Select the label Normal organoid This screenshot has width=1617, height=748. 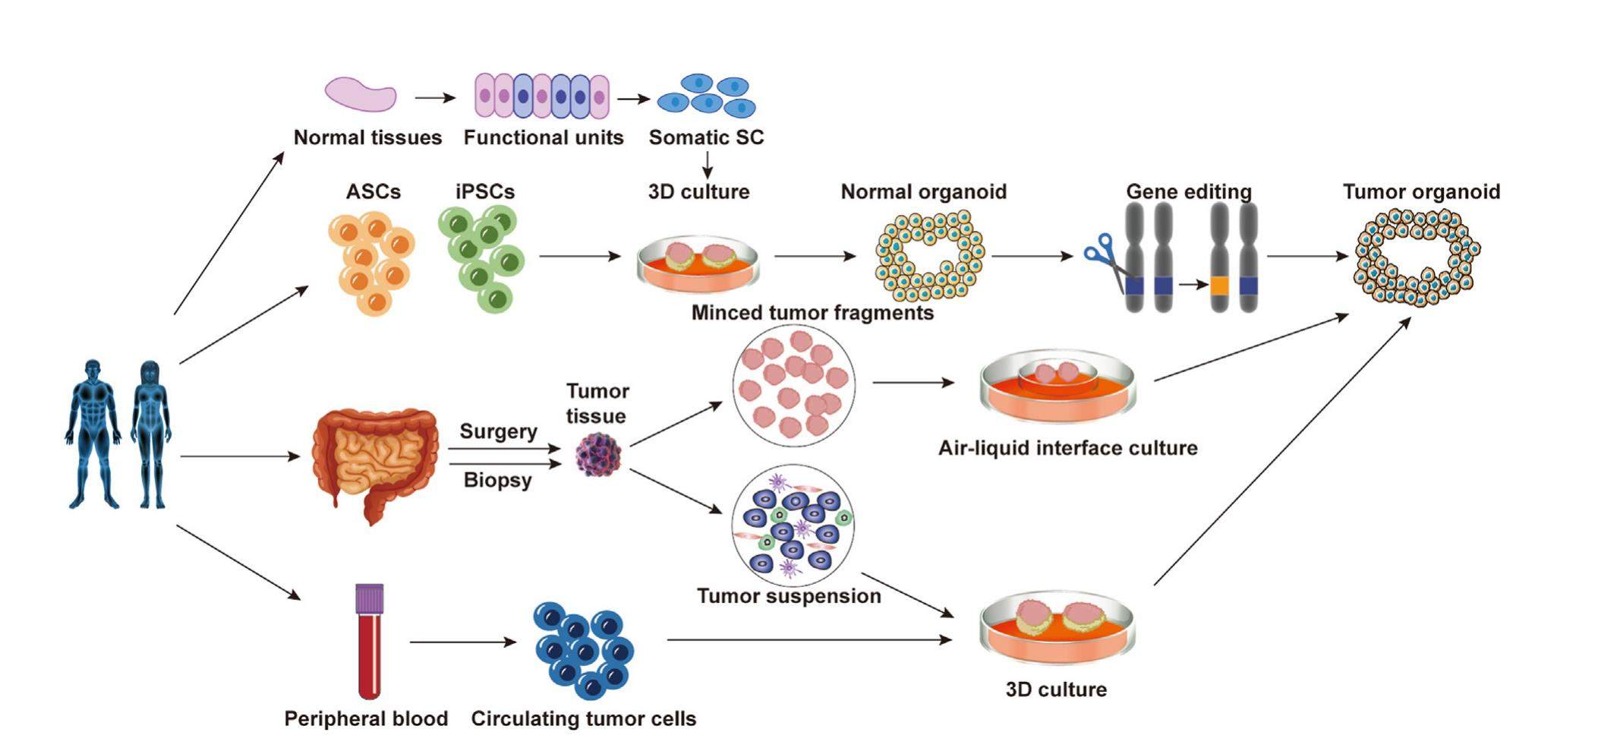pos(923,191)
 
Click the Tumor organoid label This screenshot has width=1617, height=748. pos(1421,191)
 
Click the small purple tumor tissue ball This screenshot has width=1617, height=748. pos(598,455)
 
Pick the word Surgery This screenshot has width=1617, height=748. pos(498,431)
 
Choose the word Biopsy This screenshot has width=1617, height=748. pos(497,480)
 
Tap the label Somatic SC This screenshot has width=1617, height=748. pos(706,137)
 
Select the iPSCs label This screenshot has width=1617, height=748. pos(485,191)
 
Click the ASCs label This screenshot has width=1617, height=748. pos(373,191)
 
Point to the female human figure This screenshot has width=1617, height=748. pos(150,433)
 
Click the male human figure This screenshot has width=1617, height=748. pos(93,433)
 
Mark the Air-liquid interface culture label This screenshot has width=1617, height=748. pos(1067,448)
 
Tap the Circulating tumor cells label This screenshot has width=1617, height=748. pos(583,718)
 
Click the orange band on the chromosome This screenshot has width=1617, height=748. pos(1219,286)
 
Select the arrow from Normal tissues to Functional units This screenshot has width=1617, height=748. pos(435,98)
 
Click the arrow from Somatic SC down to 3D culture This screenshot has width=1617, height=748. pos(707,165)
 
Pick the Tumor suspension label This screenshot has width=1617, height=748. pos(789,596)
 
